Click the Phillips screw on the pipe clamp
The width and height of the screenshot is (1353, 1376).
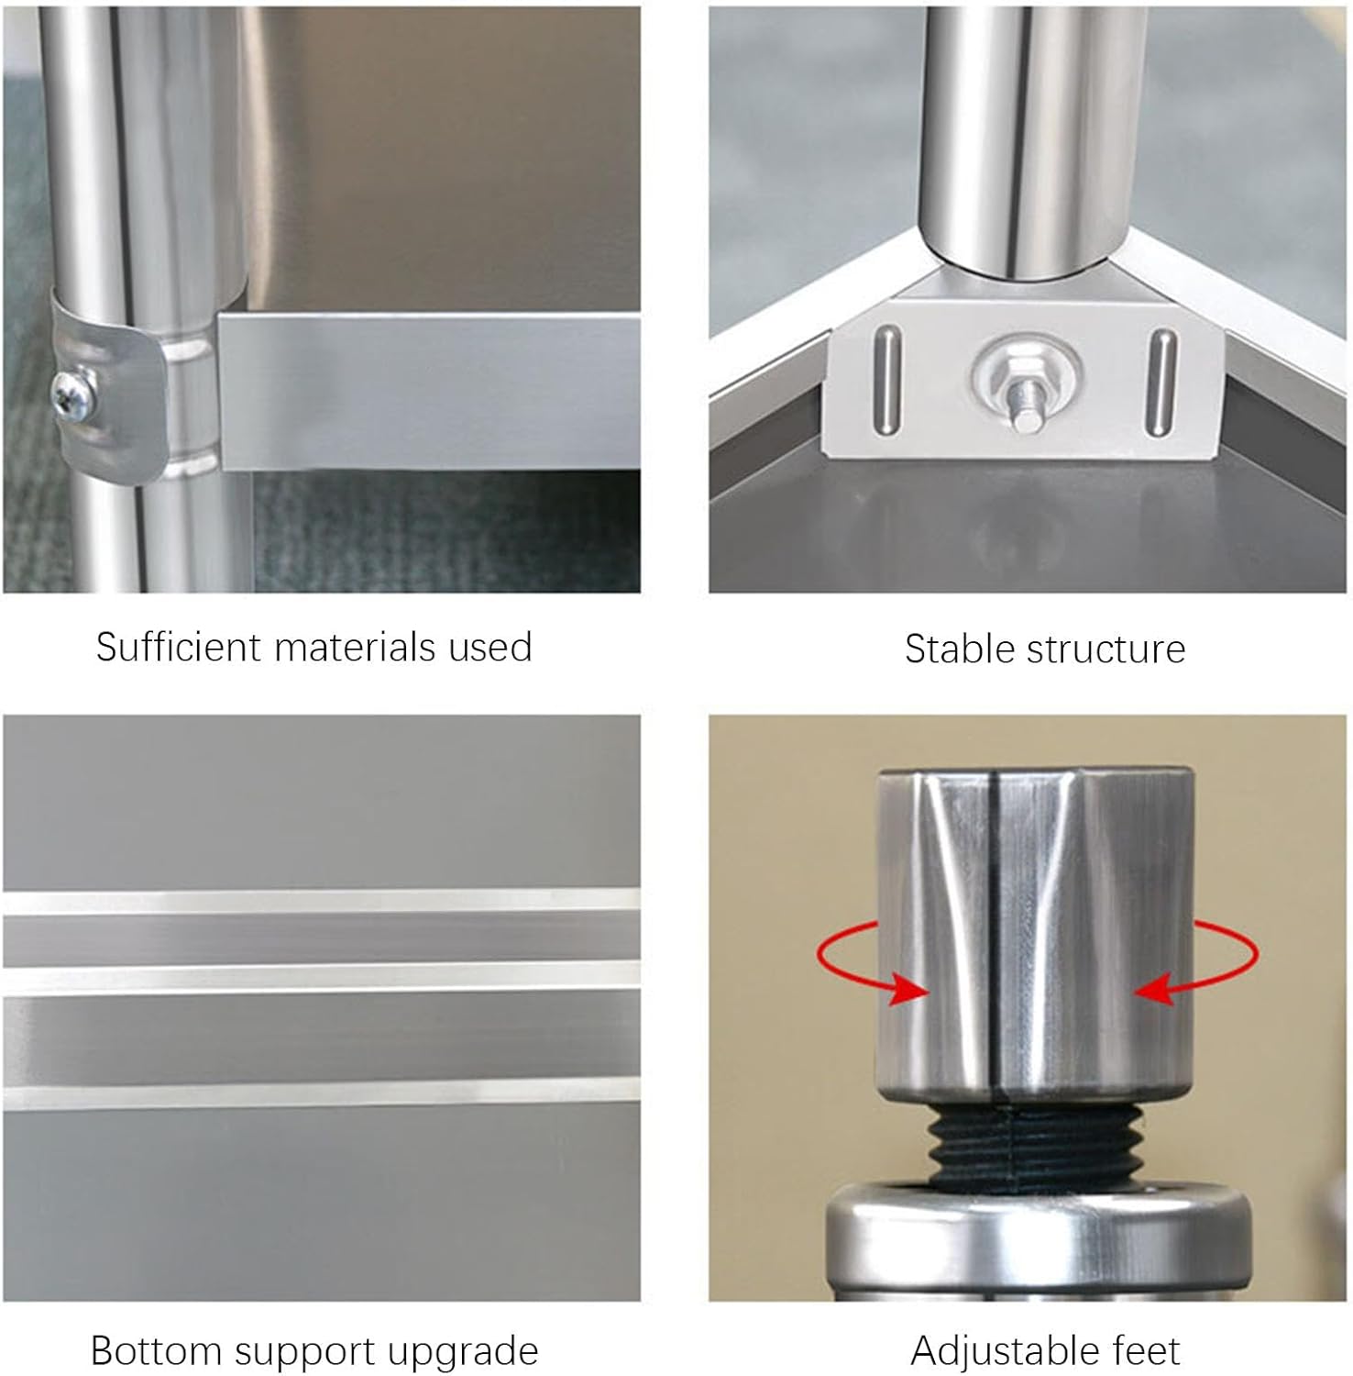click(x=72, y=394)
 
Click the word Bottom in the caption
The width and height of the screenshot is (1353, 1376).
click(x=157, y=1351)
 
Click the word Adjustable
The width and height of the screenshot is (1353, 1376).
click(x=1007, y=1352)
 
